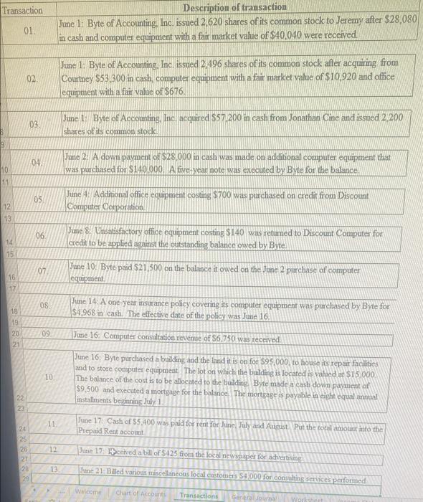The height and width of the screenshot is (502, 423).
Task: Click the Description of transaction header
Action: point(234,6)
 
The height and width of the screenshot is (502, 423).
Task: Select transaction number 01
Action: point(29,32)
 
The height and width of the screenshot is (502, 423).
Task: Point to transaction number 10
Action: point(47,377)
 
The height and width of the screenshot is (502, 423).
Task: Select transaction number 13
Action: point(52,468)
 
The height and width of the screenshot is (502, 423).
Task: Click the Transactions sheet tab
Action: point(199,495)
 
